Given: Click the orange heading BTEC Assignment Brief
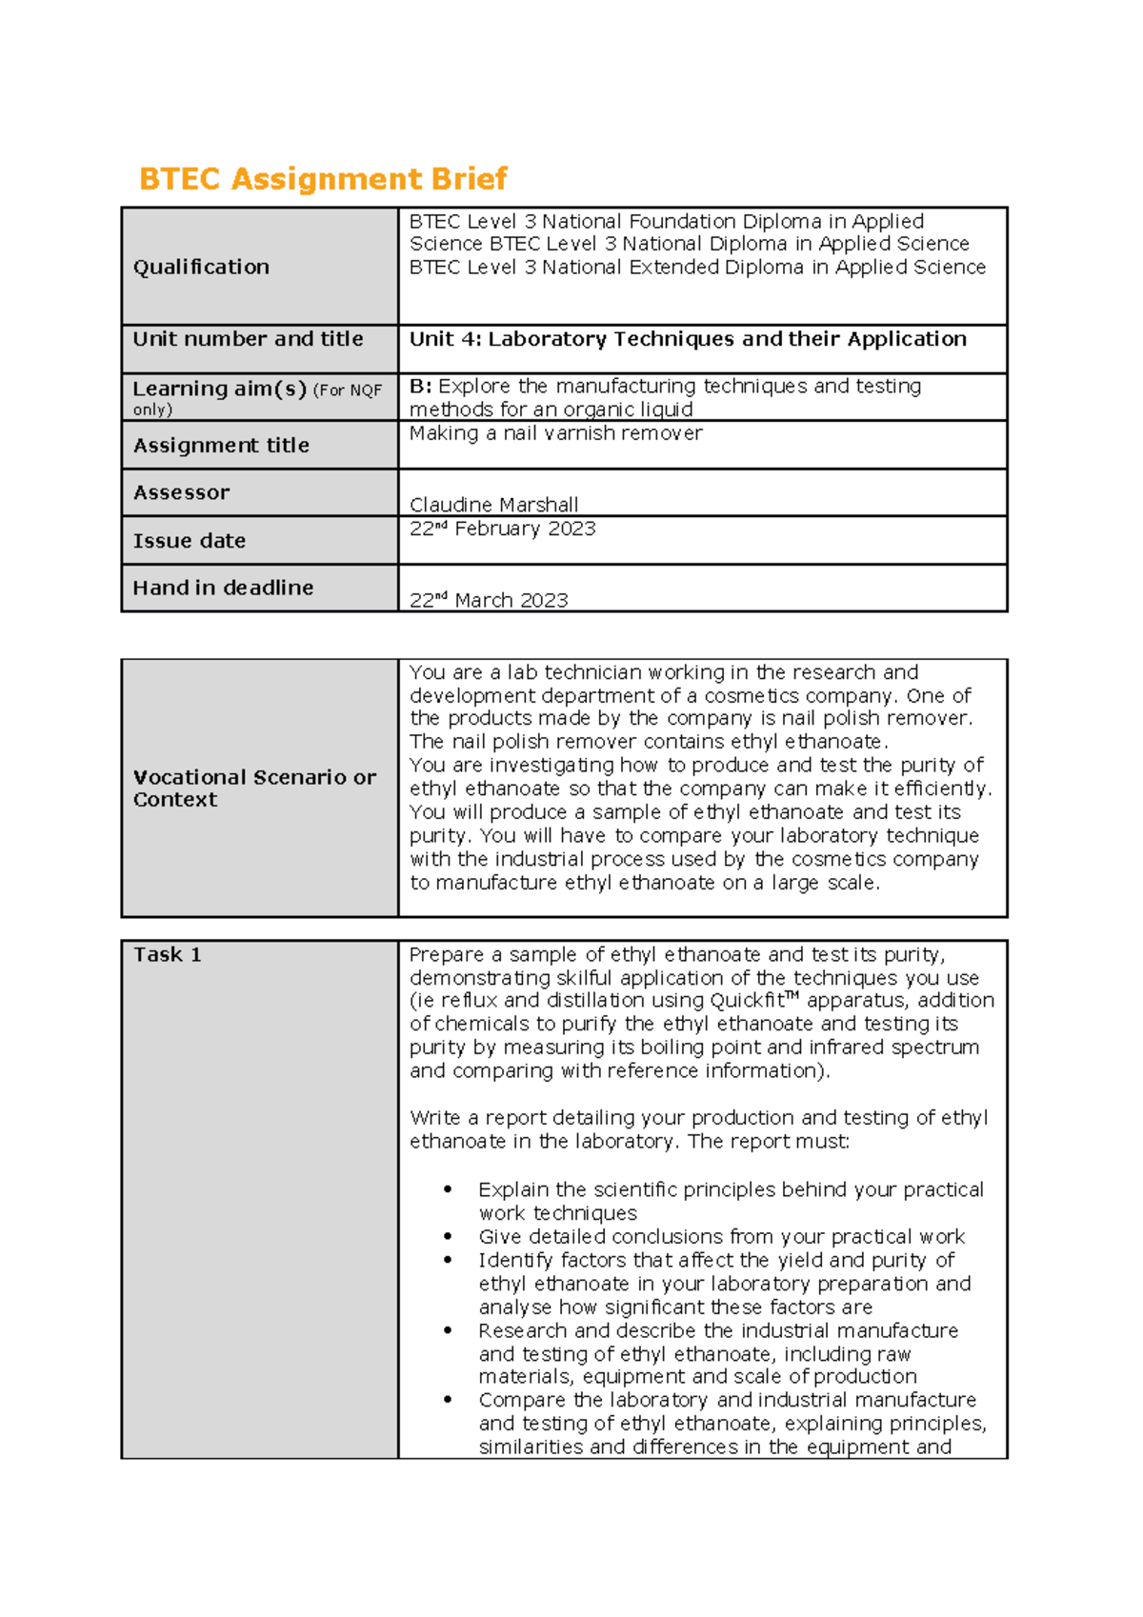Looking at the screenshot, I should point(323,179).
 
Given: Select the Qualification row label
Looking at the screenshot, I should point(201,268).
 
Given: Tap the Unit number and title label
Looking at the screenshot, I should point(248,339).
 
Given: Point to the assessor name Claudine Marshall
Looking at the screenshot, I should point(493,505).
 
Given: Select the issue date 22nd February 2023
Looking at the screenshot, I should point(502,529).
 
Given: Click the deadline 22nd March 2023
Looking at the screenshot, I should point(489,600).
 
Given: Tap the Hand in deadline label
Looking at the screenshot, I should point(223,589).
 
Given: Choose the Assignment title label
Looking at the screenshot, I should point(221,446).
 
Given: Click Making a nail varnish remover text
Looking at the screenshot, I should point(555,433).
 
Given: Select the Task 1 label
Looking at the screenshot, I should point(168,955).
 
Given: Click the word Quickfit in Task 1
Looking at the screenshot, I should point(747,1001).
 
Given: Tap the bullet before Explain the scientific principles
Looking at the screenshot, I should point(447,1190).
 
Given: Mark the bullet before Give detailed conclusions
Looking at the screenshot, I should point(447,1237).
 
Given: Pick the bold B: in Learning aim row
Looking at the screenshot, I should point(420,387).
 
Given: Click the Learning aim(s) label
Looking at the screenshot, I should point(219,389).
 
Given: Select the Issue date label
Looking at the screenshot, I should point(190,541).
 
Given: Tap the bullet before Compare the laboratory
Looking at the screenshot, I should point(447,1401).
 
